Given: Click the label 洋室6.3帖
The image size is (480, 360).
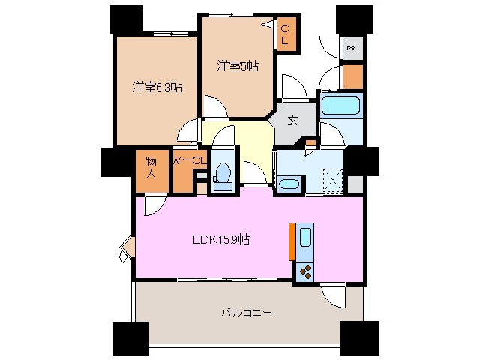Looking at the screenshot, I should coord(157,87).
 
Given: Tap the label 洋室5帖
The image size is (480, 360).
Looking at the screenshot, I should coord(238,66).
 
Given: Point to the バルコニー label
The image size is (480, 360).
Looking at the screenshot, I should coord(246,311).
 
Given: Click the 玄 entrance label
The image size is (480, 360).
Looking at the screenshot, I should coord(292,118).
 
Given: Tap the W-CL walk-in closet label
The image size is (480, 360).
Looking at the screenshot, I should coord(189,160).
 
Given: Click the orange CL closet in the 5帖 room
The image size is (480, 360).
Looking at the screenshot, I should coord(286,35).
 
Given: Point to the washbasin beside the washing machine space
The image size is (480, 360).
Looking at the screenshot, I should coord(289,184).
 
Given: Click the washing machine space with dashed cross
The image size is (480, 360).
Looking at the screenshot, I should coord(331,180).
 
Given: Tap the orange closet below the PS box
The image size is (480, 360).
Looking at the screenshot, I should coord(352,75).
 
